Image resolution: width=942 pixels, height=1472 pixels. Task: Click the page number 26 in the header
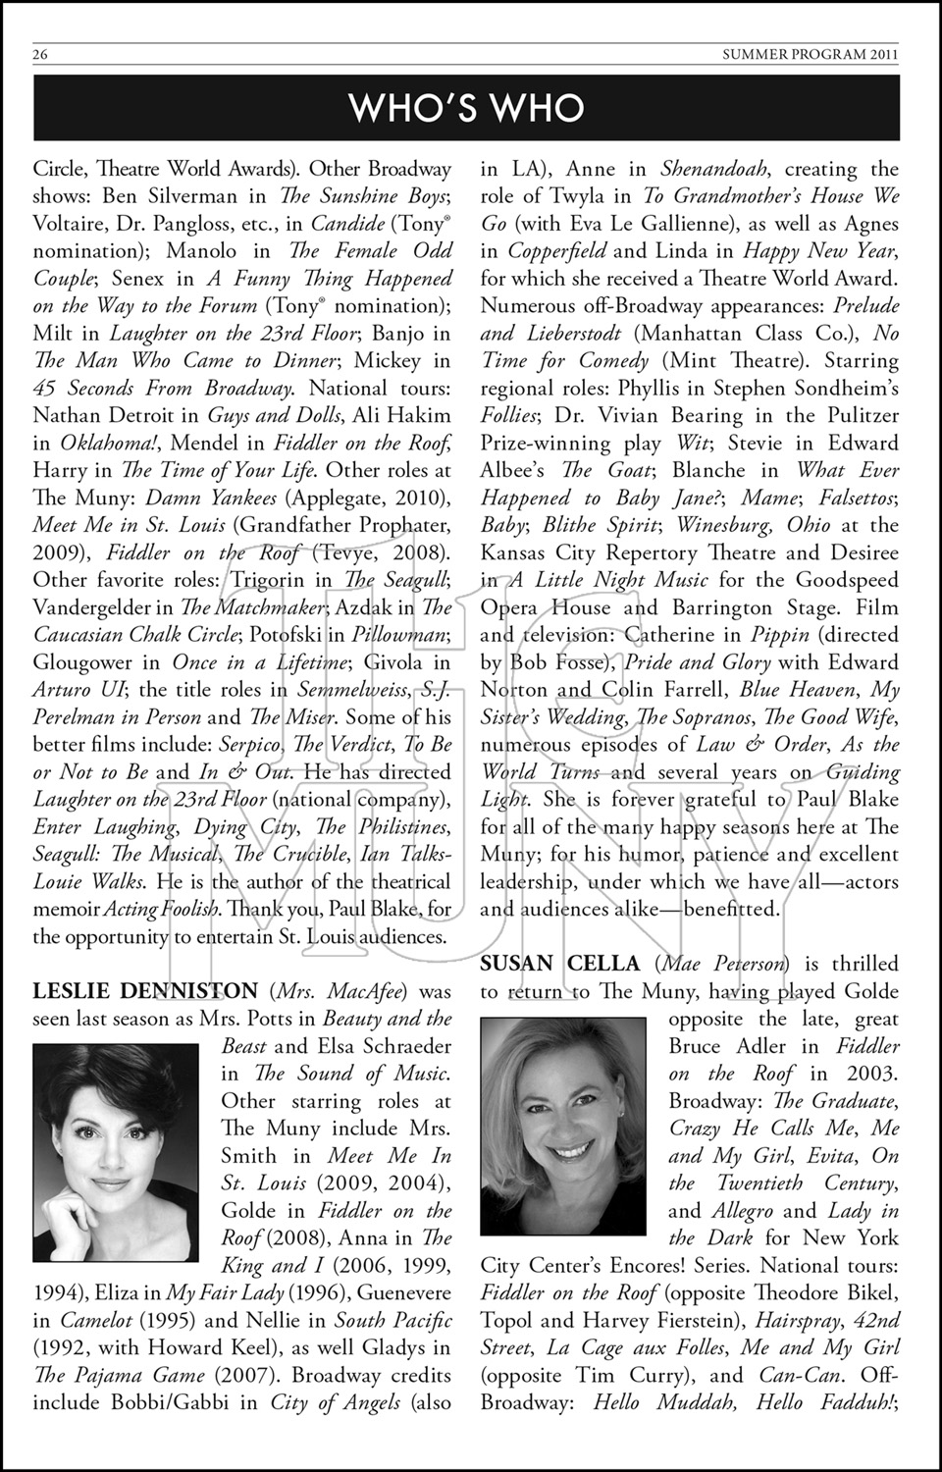(x=40, y=55)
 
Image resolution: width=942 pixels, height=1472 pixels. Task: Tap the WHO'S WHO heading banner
(x=466, y=107)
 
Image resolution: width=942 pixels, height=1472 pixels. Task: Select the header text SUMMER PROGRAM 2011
(x=810, y=55)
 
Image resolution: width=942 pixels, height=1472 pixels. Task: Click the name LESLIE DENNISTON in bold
(x=145, y=991)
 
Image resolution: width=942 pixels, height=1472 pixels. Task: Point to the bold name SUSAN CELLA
(x=559, y=964)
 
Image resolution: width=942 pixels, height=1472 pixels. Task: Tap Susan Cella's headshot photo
(x=563, y=1126)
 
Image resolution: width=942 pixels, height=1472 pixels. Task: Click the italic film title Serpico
(x=250, y=745)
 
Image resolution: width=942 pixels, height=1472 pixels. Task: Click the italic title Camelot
(x=97, y=1321)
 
